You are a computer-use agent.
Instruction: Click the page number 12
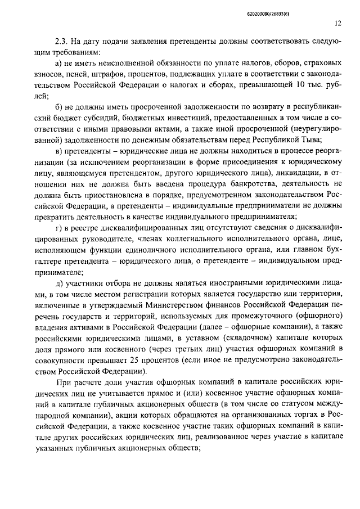[x=337, y=24]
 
